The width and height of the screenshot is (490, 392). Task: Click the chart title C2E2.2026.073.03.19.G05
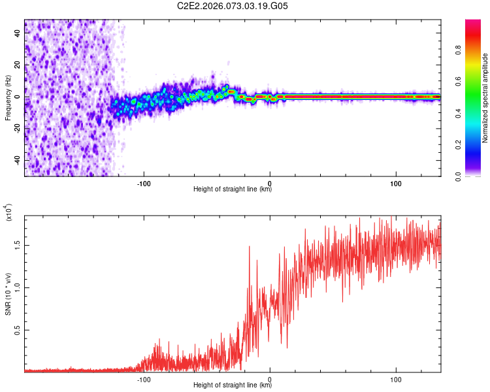point(233,6)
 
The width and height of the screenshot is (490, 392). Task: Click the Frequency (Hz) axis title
point(8,98)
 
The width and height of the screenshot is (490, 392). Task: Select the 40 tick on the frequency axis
point(18,35)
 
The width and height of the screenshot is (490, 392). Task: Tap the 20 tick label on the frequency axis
point(18,66)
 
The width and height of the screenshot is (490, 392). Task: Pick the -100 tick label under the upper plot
point(144,182)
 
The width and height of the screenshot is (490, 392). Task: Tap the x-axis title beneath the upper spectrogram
point(233,189)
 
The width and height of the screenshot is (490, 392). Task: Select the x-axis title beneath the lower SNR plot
point(233,385)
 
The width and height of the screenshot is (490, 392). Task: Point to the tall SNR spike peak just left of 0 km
point(250,247)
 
